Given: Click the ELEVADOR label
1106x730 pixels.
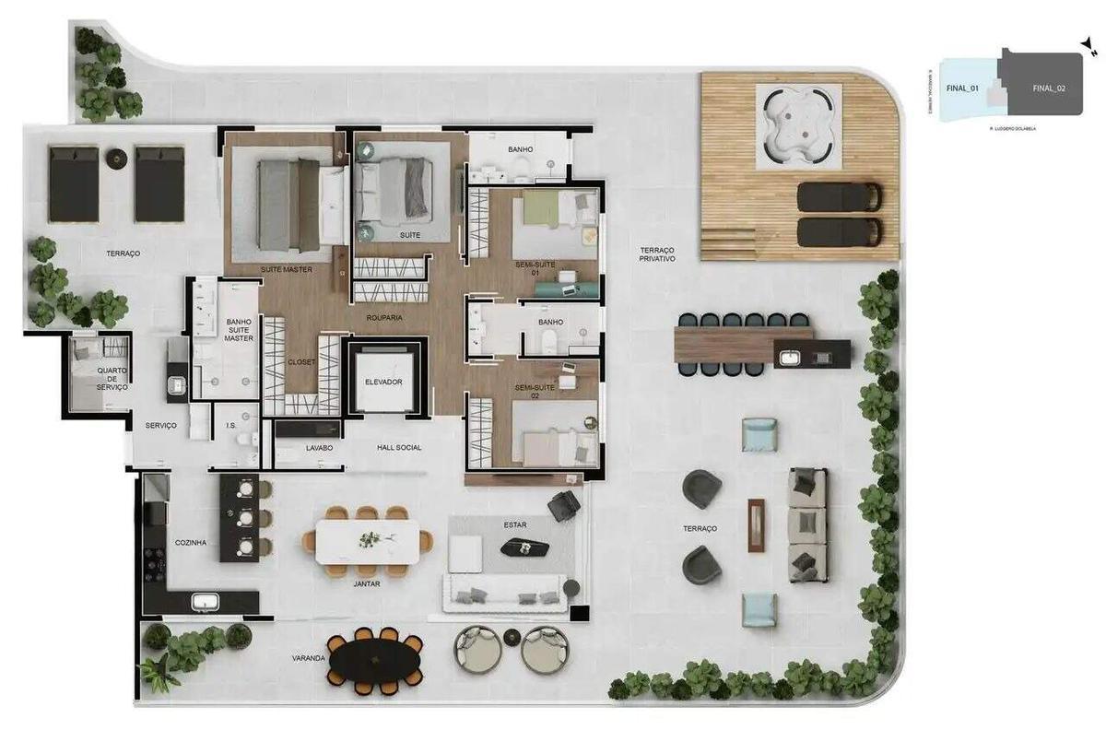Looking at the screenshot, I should pos(384,382).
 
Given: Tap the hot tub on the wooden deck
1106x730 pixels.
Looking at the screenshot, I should pos(798,126).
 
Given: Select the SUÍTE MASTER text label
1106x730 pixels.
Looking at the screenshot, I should pos(286,269).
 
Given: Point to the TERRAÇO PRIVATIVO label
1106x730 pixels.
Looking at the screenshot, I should pos(658,254).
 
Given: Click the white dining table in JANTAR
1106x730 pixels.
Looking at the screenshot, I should pos(368,541).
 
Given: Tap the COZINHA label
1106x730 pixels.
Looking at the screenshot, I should pos(191,543).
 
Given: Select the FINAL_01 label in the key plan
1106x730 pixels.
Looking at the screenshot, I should pos(961,88).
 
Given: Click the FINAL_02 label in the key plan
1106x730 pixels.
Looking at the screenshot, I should pos(1049,88).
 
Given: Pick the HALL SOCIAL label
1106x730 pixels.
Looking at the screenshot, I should pos(399,448).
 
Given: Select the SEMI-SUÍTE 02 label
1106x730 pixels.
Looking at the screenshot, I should pos(535,393).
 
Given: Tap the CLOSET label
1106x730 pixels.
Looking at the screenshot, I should pos(300,362).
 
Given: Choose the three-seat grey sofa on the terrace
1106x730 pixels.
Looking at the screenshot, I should pos(807,524).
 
